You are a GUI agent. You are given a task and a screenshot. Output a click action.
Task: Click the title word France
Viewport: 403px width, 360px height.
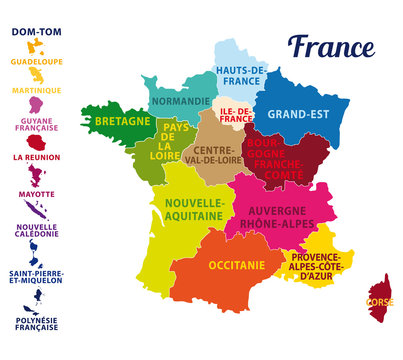331,47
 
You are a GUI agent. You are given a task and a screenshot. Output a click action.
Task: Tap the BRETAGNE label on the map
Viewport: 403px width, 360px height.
122,121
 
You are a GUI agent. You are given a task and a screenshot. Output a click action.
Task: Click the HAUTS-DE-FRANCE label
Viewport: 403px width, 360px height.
240,76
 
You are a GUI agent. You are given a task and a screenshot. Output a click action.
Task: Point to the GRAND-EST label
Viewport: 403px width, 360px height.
297,114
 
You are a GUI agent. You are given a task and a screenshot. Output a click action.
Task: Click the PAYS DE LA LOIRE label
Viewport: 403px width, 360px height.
175,140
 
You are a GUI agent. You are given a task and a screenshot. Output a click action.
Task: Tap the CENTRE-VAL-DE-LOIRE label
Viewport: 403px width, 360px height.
213,155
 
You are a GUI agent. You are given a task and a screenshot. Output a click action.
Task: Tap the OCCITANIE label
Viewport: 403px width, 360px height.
237,266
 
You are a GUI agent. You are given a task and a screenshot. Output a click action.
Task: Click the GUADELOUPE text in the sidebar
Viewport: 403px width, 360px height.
37,62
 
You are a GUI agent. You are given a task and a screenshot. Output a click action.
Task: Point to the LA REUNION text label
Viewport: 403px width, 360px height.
37,157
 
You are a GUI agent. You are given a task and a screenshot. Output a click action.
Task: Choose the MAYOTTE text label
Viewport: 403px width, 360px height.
37,194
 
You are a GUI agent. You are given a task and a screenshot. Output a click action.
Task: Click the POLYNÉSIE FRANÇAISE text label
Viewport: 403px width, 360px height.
36,325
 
